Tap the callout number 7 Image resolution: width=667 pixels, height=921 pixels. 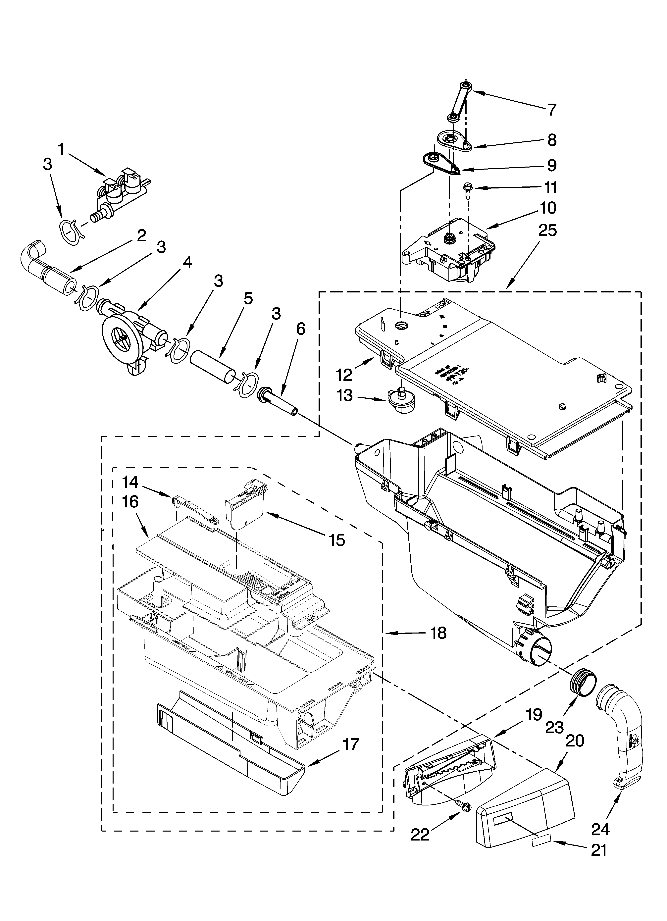[551, 110]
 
